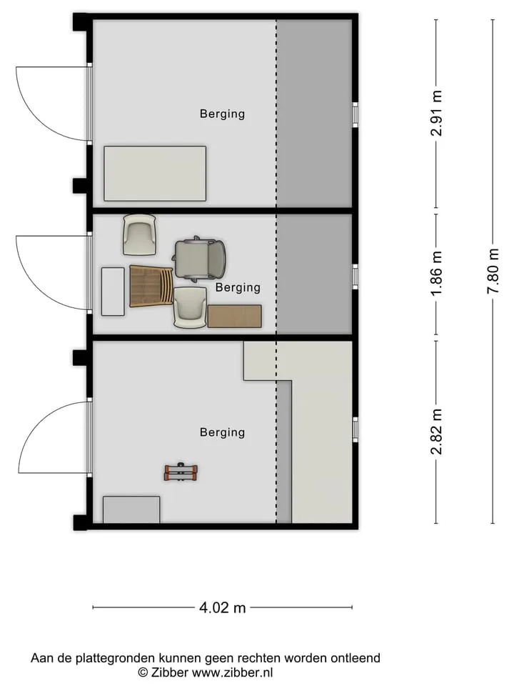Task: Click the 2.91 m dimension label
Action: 436,114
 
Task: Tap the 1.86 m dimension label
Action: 436,272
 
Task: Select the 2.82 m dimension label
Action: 436,432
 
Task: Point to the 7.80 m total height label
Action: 493,272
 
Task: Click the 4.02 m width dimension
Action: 223,607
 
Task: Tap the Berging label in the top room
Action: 222,114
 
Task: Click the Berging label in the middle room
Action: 238,287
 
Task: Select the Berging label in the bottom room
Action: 222,432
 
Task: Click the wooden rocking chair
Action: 151,286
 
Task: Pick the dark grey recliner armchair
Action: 200,259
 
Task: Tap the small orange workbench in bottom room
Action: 181,472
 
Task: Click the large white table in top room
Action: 155,174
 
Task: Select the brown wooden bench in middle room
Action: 235,317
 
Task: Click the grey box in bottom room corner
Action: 131,509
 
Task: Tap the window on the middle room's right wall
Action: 356,277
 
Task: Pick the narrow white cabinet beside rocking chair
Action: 113,292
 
